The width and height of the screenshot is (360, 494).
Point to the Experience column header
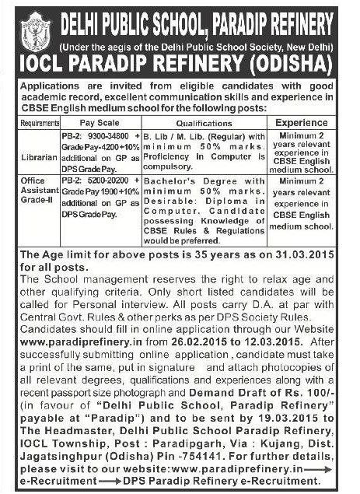(x=301, y=122)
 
